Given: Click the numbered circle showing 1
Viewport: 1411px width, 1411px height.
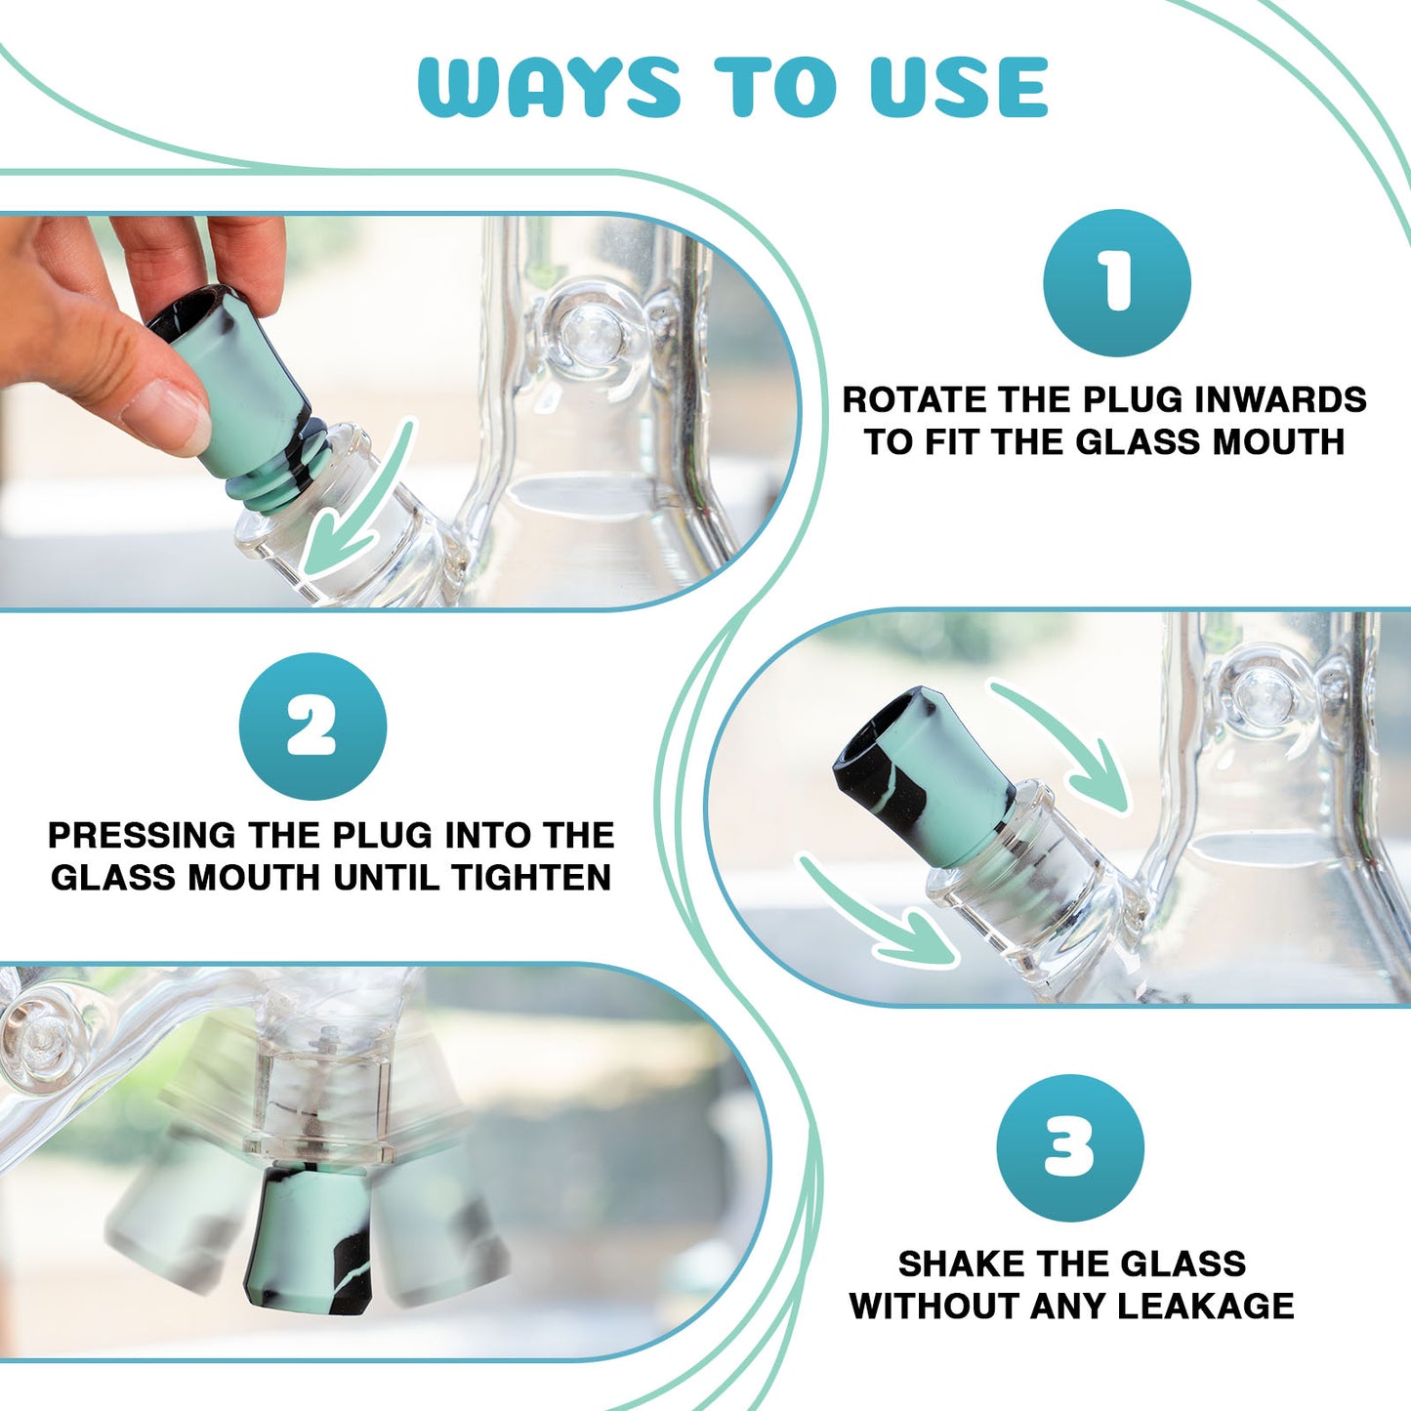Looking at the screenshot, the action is click(1117, 282).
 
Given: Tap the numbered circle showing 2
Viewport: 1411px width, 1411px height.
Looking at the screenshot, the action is click(312, 726).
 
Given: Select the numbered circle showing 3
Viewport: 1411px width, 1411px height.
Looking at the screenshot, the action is click(1070, 1148).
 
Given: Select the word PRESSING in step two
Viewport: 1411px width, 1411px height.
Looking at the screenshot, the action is click(142, 836).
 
